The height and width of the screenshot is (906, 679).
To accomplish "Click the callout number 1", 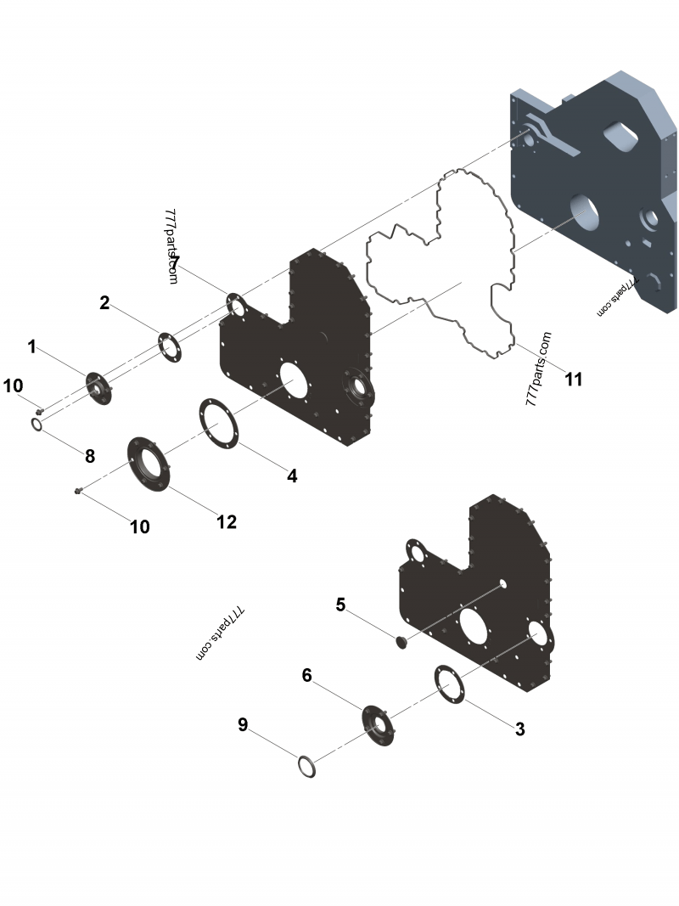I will tap(31, 346).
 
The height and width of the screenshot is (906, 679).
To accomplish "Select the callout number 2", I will tap(104, 302).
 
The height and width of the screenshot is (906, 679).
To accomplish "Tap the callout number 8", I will tap(89, 456).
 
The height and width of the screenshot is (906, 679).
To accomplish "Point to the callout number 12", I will tap(226, 521).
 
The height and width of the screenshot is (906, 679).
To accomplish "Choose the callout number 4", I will tap(292, 476).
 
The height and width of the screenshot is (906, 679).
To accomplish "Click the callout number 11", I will tap(574, 379).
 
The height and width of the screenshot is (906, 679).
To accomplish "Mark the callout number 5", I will tap(340, 605).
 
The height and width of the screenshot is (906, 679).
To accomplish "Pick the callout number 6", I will tap(307, 675).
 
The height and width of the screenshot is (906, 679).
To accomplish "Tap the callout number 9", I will tap(243, 724).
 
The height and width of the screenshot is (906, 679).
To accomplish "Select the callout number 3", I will tap(519, 729).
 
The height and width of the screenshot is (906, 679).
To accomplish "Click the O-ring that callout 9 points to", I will tap(307, 767).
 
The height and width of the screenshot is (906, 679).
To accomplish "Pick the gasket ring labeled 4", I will tap(219, 421).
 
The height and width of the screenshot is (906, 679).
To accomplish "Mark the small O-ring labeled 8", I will tap(38, 424).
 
